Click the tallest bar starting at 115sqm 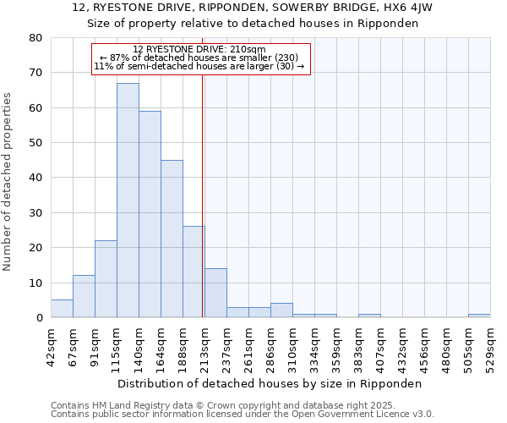[128, 201]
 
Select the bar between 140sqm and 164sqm [150, 214]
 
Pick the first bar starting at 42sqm [62, 309]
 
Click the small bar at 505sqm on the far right [479, 316]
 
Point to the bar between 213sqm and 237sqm [215, 293]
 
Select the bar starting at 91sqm [106, 279]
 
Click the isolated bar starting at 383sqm [369, 316]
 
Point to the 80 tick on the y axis [35, 38]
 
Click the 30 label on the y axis [35, 213]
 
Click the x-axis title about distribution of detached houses [270, 384]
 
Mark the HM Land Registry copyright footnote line [241, 405]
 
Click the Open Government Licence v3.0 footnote [338, 415]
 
